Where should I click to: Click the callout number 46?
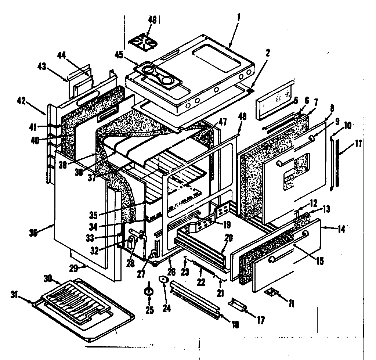pos(152,20)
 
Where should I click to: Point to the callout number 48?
pos(242,116)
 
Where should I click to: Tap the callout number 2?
pos(268,53)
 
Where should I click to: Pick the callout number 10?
pos(347,126)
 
